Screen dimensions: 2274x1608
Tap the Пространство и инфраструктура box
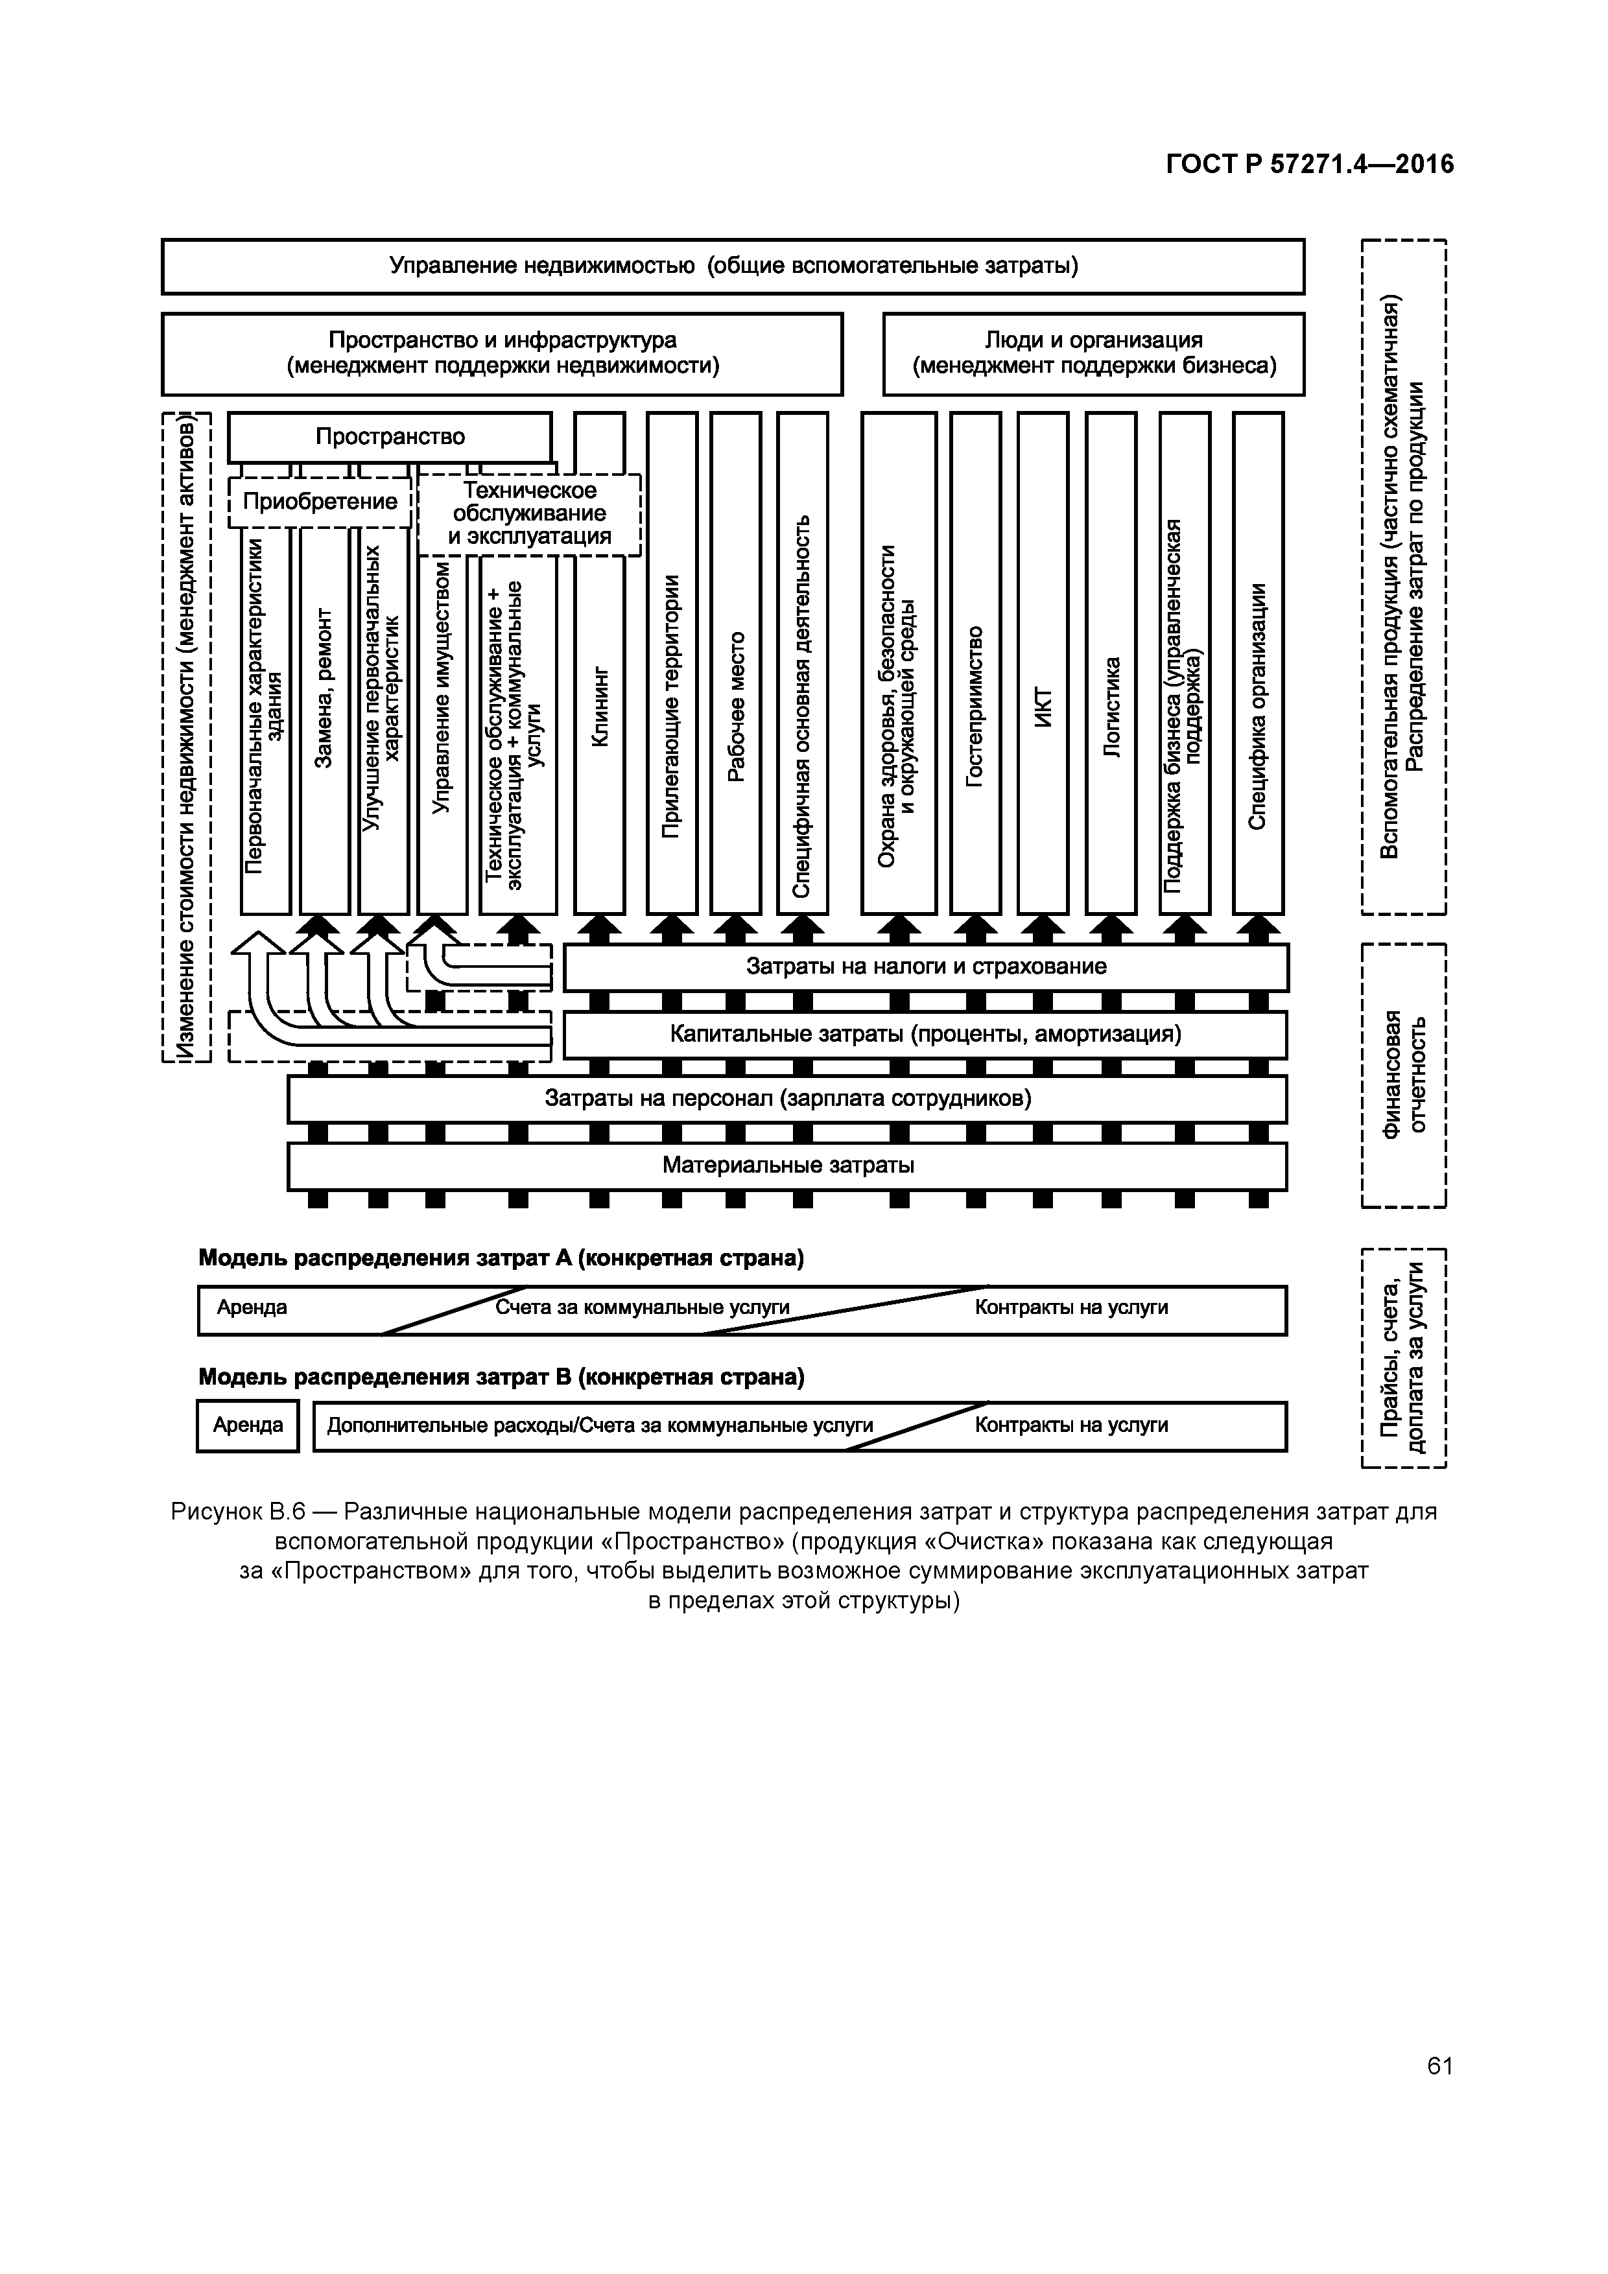503,353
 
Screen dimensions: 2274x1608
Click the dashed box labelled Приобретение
320,501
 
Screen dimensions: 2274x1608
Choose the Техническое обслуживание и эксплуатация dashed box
529,514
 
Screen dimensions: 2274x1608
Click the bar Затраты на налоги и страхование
925,967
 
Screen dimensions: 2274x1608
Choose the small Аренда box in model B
248,1425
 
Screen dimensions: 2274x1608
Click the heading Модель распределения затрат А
501,1258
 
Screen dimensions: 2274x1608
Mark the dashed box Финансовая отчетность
1404,1075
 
